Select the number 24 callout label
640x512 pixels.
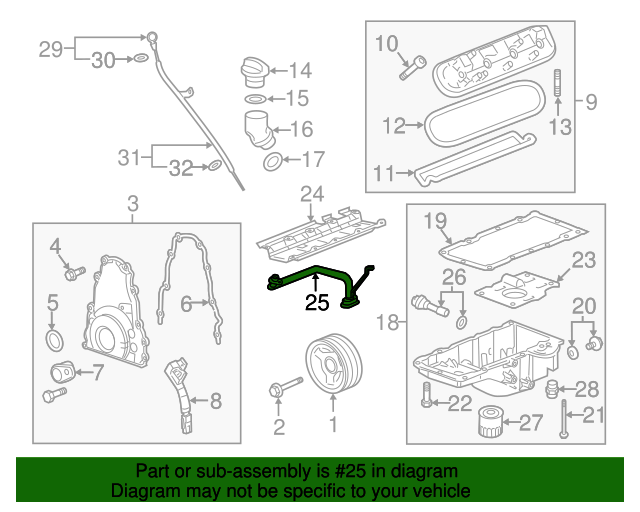[312, 194]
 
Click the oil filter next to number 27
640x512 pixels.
[489, 423]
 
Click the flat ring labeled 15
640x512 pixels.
[254, 100]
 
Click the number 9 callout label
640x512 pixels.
[590, 101]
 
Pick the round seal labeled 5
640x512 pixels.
[56, 342]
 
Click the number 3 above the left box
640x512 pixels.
[133, 206]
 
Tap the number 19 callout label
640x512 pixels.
[433, 220]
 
